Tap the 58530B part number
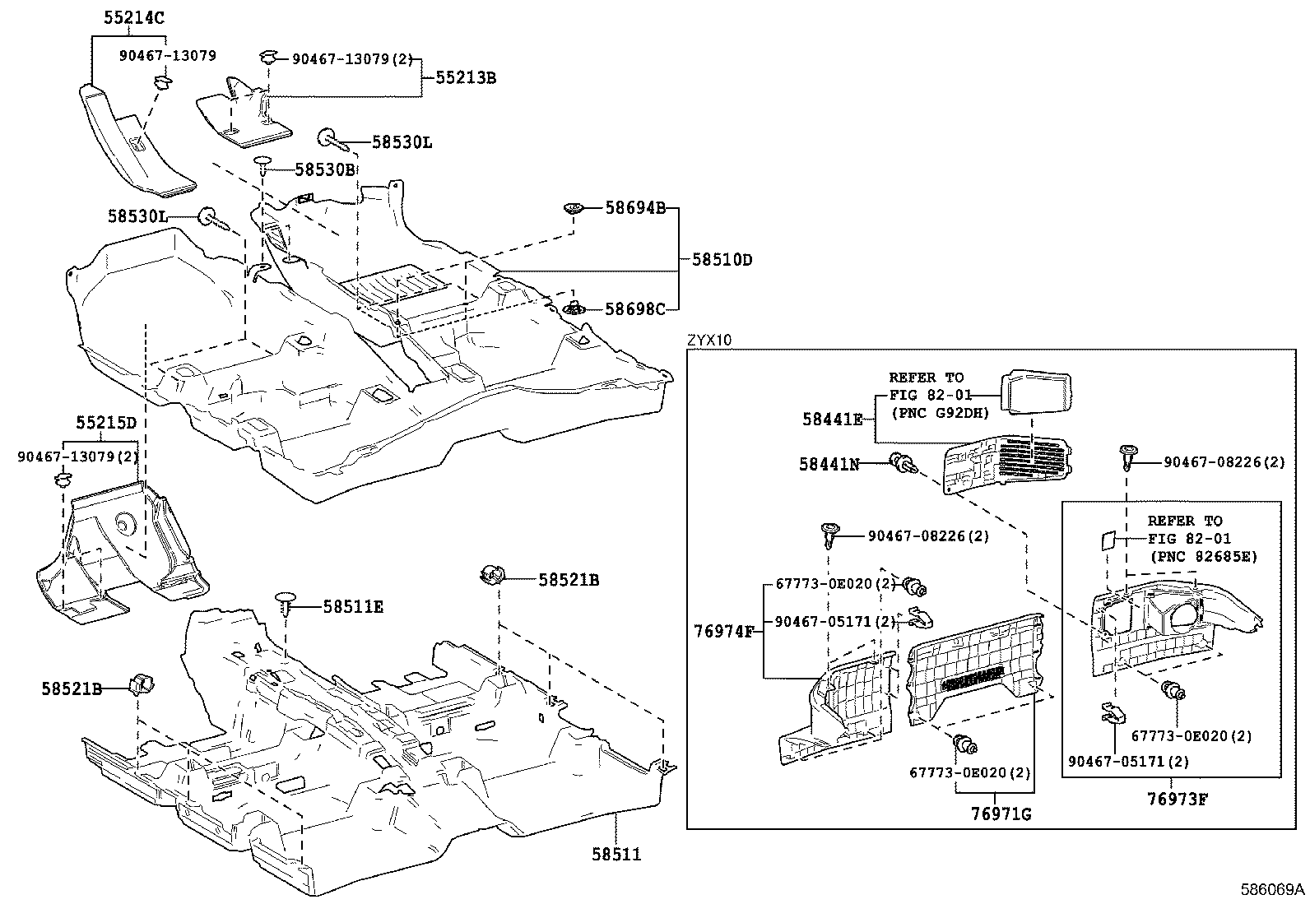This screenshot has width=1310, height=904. pos(324,170)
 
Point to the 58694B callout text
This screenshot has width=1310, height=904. pos(634,208)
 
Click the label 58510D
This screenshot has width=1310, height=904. pos(721,260)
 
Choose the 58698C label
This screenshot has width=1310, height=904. pos(634,309)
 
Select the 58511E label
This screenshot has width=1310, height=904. pos(353,607)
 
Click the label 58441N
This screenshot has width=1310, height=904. pos(829,464)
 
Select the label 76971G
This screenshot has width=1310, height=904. pos(1001,814)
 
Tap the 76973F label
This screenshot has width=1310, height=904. pos(1178,798)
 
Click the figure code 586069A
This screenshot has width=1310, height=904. pos(1273,889)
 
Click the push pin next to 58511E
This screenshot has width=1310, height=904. pos(286,601)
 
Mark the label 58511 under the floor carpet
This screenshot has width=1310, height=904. pos(616,855)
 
